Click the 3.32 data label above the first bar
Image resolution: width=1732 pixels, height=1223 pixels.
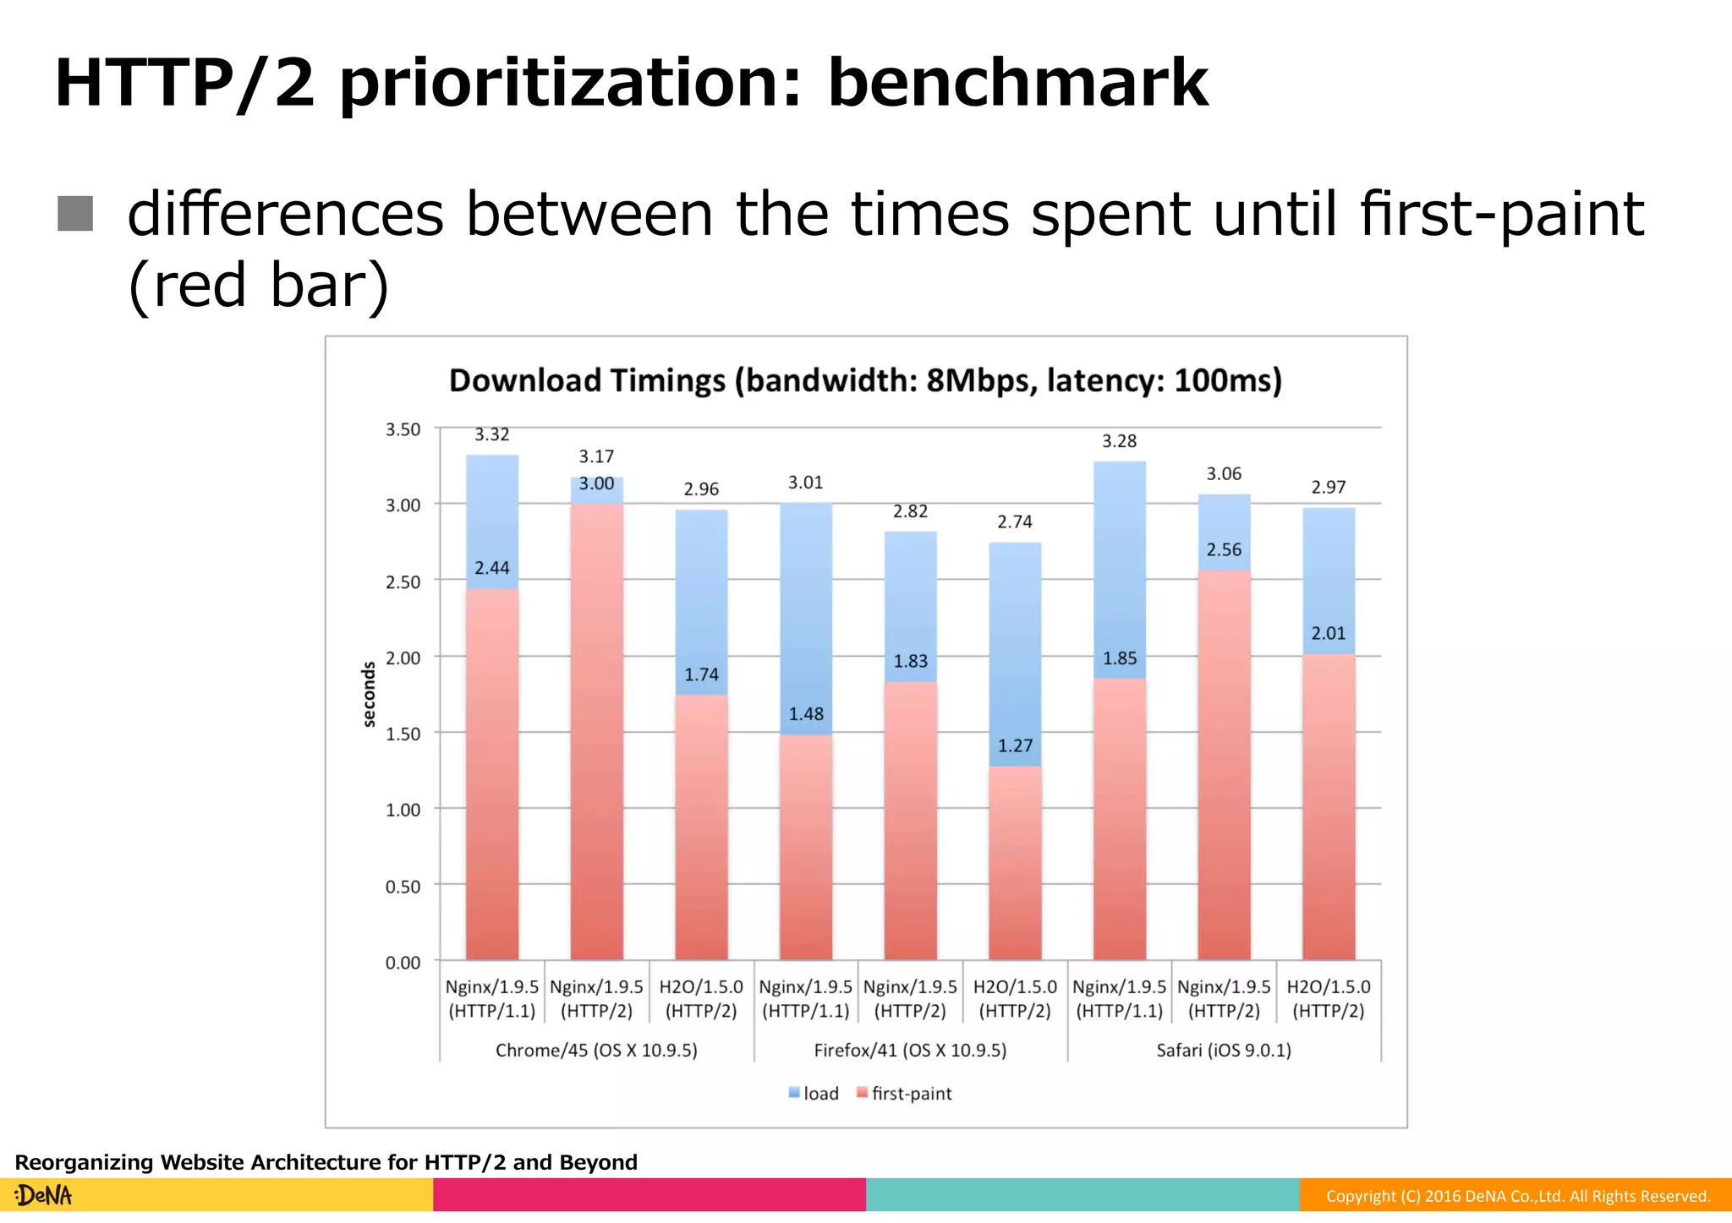(x=491, y=434)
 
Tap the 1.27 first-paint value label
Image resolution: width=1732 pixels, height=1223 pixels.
(x=1015, y=745)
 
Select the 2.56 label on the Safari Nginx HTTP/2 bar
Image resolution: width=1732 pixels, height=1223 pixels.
(x=1224, y=550)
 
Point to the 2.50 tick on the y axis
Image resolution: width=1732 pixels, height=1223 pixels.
(x=403, y=582)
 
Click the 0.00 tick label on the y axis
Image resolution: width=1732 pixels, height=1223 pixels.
(x=403, y=963)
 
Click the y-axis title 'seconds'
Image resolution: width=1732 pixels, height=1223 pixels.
(x=369, y=694)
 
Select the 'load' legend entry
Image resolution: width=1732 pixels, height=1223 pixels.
(x=814, y=1094)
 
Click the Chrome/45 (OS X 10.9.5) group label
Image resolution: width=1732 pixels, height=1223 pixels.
(x=596, y=1051)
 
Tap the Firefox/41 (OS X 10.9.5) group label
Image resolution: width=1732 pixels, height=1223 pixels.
(x=910, y=1051)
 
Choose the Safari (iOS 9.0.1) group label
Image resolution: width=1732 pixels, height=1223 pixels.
(x=1224, y=1051)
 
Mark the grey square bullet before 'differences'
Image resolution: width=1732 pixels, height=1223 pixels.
(x=75, y=213)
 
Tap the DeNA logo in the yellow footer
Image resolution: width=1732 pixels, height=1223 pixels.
(x=44, y=1195)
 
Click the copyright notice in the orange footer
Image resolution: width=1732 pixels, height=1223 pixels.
(x=1517, y=1196)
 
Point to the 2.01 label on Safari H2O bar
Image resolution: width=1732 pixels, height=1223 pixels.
(x=1328, y=634)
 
